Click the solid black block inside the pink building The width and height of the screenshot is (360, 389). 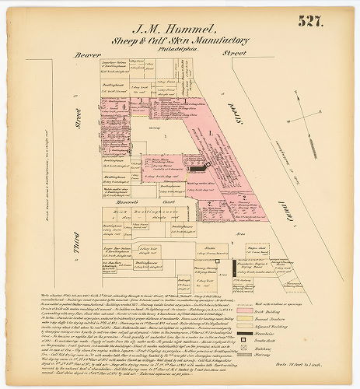194,166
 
